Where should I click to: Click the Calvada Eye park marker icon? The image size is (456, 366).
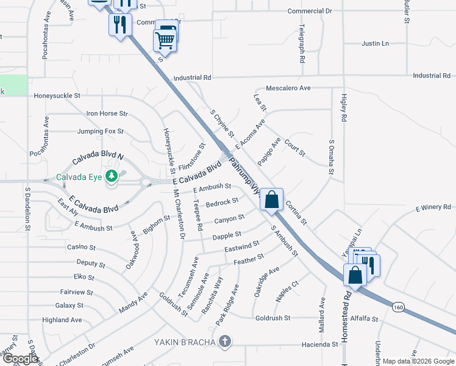(111, 177)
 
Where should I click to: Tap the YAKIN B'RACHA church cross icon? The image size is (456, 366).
(225, 342)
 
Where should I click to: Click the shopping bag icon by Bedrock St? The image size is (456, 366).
(271, 198)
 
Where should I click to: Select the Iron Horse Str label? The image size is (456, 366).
(107, 113)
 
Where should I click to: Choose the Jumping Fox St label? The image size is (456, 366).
(100, 131)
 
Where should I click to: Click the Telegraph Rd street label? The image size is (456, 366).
(302, 45)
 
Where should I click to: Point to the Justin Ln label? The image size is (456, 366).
(375, 44)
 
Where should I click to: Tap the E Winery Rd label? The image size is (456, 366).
(433, 208)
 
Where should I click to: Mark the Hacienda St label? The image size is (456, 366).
(319, 345)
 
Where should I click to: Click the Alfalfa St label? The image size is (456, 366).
(365, 318)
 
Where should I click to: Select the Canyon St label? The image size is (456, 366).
(229, 218)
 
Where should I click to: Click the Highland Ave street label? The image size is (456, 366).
(62, 320)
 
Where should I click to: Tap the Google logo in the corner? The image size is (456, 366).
(20, 359)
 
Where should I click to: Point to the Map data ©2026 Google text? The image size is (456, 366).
(418, 361)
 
